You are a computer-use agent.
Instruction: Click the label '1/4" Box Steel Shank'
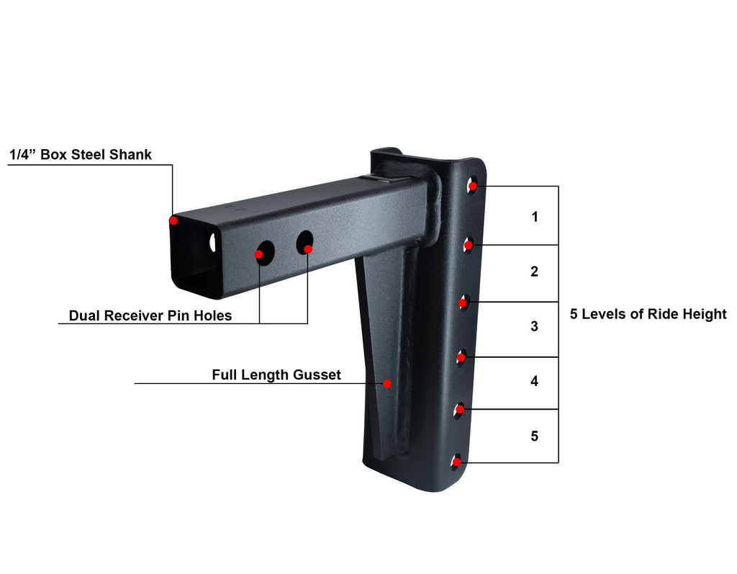[x=81, y=154]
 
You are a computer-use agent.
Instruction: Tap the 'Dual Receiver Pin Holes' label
[x=150, y=315]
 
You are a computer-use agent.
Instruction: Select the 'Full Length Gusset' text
[x=276, y=375]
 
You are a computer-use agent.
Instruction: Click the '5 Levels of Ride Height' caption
[x=648, y=314]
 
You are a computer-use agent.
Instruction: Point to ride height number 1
[x=535, y=217]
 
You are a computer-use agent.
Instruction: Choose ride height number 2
[x=535, y=272]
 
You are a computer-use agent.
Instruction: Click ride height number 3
[x=535, y=326]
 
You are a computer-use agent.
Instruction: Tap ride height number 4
[x=535, y=381]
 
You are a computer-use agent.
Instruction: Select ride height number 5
[x=535, y=436]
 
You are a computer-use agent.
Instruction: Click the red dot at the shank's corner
[x=174, y=220]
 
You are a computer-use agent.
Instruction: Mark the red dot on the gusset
[x=387, y=383]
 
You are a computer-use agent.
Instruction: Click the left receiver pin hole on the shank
[x=265, y=253]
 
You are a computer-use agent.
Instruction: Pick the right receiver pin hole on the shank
[x=305, y=243]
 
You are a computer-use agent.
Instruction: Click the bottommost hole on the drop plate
[x=456, y=462]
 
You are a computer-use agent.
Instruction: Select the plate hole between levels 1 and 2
[x=469, y=245]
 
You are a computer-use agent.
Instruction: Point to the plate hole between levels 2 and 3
[x=464, y=302]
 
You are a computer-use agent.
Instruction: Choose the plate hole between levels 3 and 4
[x=461, y=357]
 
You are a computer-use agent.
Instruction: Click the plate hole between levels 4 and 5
[x=459, y=409]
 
